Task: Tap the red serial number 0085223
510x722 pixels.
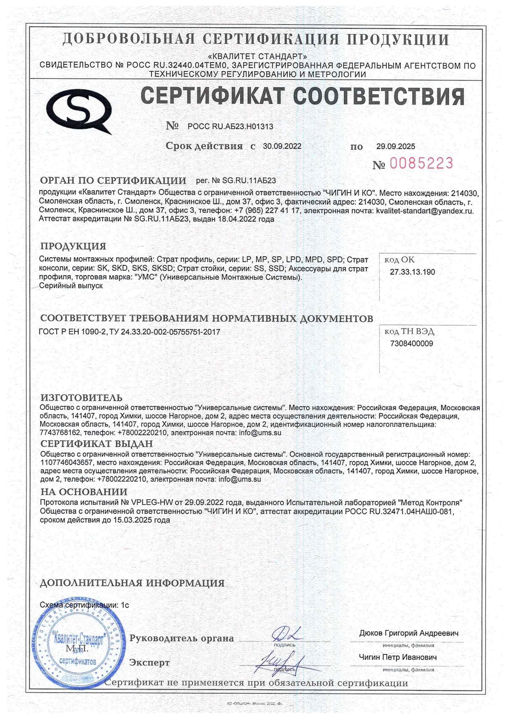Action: point(421,163)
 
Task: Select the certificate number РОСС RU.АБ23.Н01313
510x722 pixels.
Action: point(230,127)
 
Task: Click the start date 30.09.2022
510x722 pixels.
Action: point(282,146)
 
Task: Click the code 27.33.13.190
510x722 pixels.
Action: point(412,272)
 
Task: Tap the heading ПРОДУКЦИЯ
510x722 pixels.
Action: point(73,246)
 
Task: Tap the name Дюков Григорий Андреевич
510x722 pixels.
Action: point(408,633)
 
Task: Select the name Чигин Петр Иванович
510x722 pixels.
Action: point(398,657)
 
